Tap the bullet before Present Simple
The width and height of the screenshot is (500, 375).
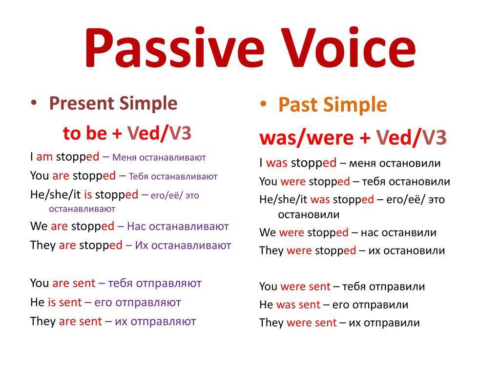click(x=34, y=103)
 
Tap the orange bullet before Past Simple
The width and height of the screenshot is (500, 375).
click(x=263, y=104)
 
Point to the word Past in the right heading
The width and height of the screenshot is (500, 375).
click(x=298, y=104)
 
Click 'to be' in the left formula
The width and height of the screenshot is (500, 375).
click(x=85, y=133)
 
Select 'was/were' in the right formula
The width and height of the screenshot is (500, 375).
click(x=307, y=138)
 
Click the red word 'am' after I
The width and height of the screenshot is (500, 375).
click(x=44, y=157)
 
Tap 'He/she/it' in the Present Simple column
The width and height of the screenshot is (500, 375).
click(x=56, y=194)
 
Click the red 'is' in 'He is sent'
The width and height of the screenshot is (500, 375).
click(x=52, y=302)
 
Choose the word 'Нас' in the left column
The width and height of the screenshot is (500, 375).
click(x=137, y=227)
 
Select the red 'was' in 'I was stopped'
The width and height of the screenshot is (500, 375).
click(x=276, y=163)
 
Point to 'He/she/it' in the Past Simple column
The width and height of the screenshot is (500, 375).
click(x=283, y=200)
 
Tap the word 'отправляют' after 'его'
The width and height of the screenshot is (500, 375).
click(x=148, y=303)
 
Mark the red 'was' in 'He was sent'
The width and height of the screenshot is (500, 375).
click(x=286, y=305)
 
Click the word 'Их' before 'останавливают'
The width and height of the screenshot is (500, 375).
click(x=140, y=245)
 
